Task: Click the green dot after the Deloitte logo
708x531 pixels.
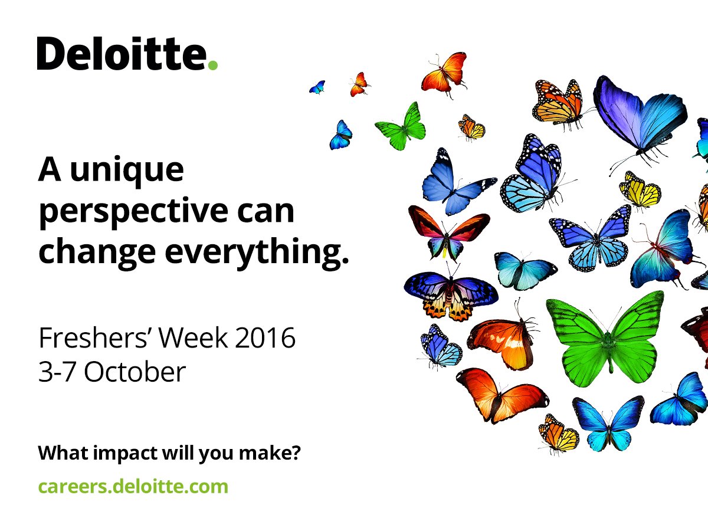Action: click(x=213, y=65)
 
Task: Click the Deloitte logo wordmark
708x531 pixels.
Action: click(x=122, y=54)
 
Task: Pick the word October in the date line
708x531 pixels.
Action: click(x=135, y=372)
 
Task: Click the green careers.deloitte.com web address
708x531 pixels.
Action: click(x=133, y=487)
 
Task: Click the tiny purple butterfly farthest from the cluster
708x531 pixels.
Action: click(x=317, y=87)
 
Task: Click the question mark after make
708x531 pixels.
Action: click(x=296, y=454)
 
